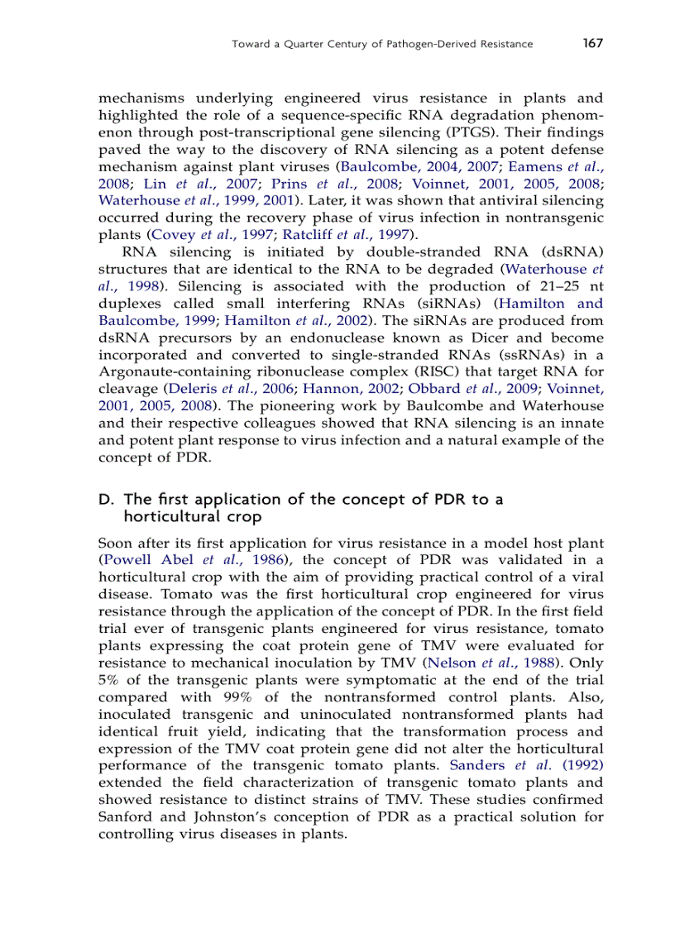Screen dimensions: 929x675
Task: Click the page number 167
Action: point(592,43)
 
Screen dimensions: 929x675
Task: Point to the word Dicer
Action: point(475,338)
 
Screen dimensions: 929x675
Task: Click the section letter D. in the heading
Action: point(105,499)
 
